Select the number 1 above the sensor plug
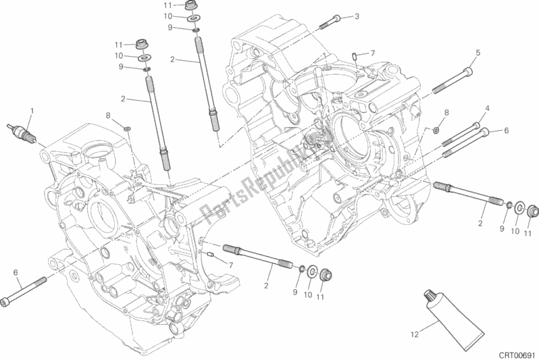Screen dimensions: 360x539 click(x=31, y=110)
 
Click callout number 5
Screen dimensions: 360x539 click(x=478, y=53)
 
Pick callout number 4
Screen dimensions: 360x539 click(x=486, y=108)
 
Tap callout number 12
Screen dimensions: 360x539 click(x=417, y=332)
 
